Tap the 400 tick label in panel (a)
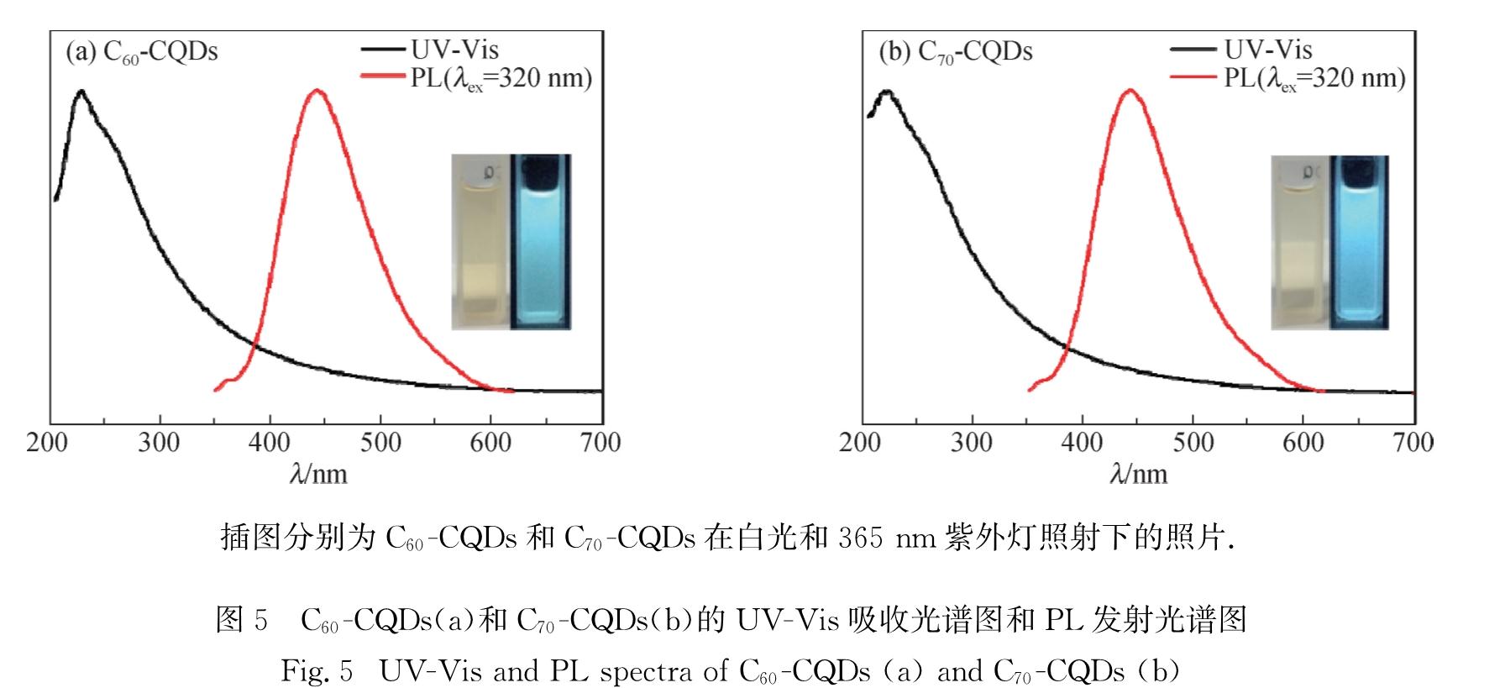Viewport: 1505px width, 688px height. [x=270, y=443]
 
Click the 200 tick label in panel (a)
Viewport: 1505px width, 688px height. [x=47, y=443]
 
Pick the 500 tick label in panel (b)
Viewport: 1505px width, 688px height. [x=1193, y=443]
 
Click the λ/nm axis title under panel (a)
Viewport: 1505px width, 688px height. [x=318, y=475]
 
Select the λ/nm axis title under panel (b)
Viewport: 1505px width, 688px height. [x=1139, y=475]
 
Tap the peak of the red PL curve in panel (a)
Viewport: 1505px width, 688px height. [x=317, y=90]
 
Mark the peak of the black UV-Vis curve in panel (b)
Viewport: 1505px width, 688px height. [x=885, y=91]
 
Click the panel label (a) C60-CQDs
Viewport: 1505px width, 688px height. [x=142, y=52]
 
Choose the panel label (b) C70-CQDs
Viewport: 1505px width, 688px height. [x=956, y=52]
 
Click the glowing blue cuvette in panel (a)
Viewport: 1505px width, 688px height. [x=540, y=242]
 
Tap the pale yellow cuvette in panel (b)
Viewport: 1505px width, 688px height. [x=1298, y=244]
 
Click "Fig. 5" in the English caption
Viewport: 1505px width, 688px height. [x=316, y=671]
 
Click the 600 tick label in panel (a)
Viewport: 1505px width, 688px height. [x=490, y=443]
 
